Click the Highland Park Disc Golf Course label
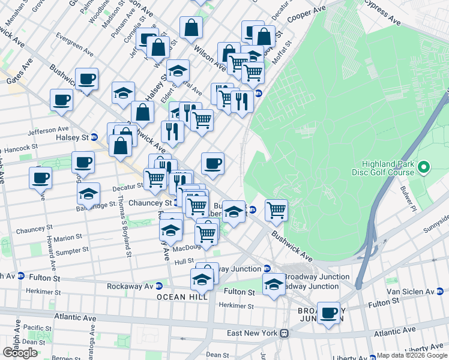[388, 168]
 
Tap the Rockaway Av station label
[130, 286]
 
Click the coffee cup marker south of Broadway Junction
[328, 313]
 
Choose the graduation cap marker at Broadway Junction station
[274, 284]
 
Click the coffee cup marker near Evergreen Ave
[86, 79]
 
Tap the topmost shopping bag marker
[191, 27]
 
